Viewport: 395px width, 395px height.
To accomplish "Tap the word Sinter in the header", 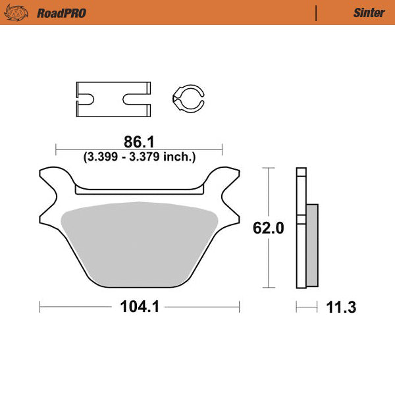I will pos(369,13).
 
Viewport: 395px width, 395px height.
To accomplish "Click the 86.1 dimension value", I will pos(139,141).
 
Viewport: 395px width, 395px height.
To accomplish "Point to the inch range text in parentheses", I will pos(139,157).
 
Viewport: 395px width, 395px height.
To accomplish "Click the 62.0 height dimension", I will pos(269,228).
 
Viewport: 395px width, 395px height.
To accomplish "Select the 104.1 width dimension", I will pos(139,307).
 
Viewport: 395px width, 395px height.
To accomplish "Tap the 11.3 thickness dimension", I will pos(342,307).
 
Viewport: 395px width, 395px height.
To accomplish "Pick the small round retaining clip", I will pos(188,98).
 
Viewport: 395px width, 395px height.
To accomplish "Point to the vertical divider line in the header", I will pos(317,13).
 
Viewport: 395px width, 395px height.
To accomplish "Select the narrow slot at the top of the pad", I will pos(139,191).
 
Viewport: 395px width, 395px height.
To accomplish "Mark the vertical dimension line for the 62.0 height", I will pos(269,197).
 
